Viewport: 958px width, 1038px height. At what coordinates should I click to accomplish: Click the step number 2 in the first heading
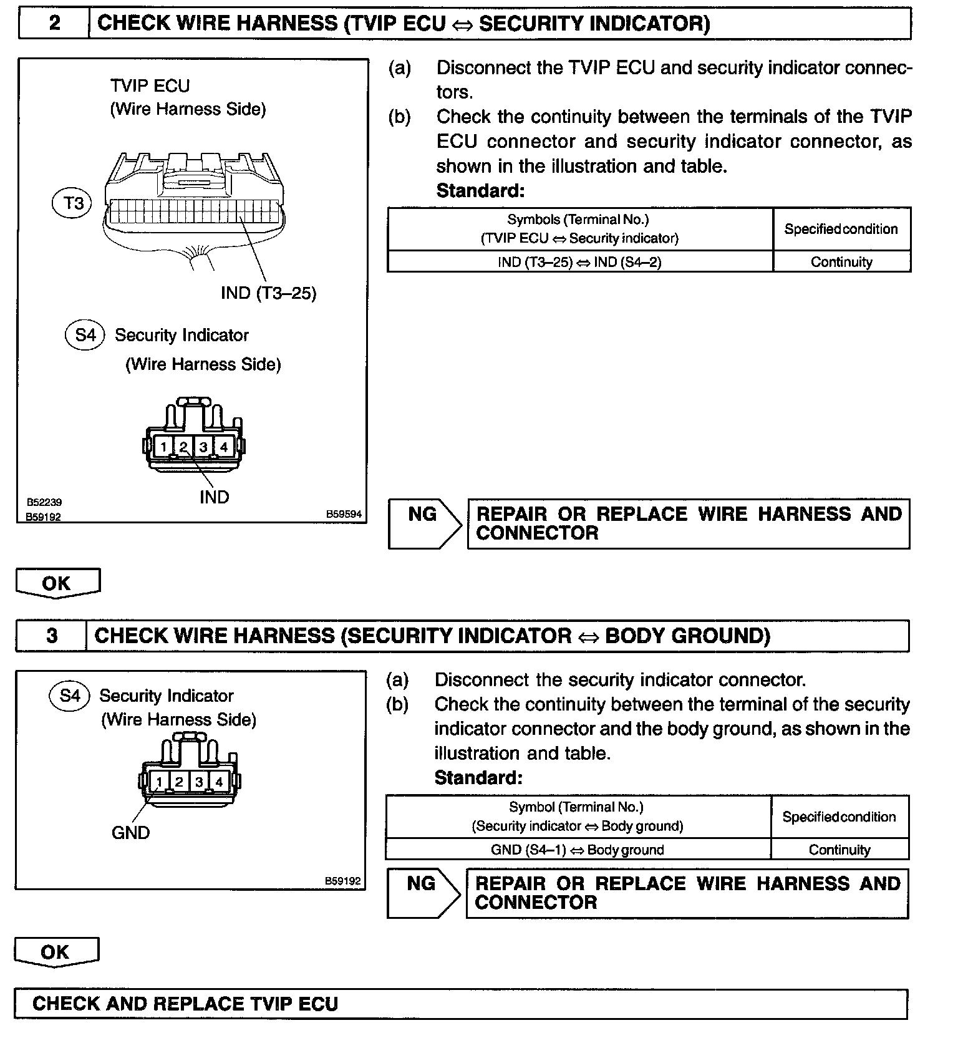click(54, 24)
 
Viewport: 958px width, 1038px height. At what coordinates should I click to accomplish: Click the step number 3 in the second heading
click(52, 636)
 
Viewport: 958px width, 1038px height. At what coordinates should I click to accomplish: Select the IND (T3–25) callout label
click(269, 293)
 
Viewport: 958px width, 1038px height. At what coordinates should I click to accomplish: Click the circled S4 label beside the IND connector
click(85, 335)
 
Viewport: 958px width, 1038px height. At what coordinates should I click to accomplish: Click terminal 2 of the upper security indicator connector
click(183, 447)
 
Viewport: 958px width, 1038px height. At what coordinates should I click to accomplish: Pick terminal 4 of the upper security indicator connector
click(223, 447)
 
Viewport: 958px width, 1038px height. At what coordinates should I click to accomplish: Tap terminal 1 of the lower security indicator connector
click(160, 782)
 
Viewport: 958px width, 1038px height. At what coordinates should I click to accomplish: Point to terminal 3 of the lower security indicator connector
click(199, 782)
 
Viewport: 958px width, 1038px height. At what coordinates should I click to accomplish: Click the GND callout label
click(130, 833)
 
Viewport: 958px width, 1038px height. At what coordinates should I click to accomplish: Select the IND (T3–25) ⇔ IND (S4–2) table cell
click(579, 262)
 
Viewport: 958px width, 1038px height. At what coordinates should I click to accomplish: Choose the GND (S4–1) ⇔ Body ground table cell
click(578, 850)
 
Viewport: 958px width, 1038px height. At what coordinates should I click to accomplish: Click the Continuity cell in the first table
click(841, 262)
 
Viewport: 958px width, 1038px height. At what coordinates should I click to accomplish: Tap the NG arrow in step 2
click(423, 523)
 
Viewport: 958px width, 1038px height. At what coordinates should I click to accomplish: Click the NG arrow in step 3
click(422, 892)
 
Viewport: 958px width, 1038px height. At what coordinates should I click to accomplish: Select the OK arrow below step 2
click(57, 583)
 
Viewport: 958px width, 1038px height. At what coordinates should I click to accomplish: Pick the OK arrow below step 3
click(56, 952)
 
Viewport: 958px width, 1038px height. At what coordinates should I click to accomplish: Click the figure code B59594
click(344, 514)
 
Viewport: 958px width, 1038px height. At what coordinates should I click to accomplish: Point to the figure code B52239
click(44, 502)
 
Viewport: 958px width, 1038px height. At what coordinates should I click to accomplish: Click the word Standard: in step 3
click(478, 778)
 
